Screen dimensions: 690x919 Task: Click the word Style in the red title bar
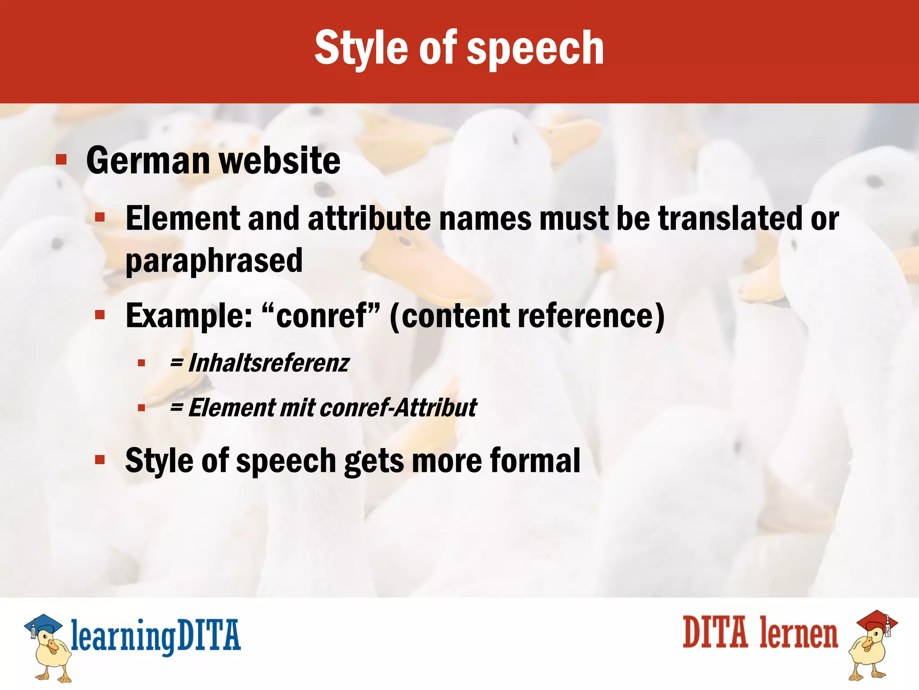pyautogui.click(x=363, y=48)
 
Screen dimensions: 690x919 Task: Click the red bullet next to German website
pyautogui.click(x=61, y=160)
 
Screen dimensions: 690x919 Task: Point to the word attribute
pyautogui.click(x=369, y=219)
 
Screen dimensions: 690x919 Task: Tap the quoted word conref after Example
pyautogui.click(x=321, y=316)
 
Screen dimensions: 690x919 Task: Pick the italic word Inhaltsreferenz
pyautogui.click(x=268, y=363)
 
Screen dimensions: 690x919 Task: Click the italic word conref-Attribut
pyautogui.click(x=398, y=408)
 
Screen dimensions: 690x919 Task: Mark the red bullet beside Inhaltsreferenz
pyautogui.click(x=142, y=363)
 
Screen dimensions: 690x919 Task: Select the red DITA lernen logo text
pyautogui.click(x=760, y=633)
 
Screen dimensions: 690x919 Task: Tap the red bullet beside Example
pyautogui.click(x=100, y=315)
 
